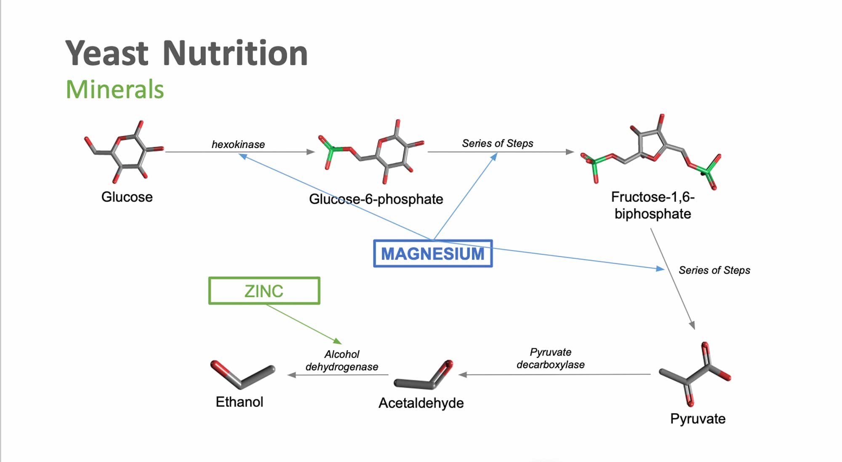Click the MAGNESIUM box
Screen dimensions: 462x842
(x=433, y=254)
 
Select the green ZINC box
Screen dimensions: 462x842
(x=264, y=291)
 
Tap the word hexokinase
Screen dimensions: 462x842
(x=238, y=144)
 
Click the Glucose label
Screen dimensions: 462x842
(x=127, y=197)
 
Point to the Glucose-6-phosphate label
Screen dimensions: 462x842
(x=376, y=199)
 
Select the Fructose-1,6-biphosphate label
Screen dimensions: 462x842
(x=653, y=205)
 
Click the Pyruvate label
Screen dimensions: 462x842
(x=698, y=419)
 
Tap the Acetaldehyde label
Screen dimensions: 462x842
(x=421, y=403)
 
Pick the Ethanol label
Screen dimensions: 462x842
(x=239, y=402)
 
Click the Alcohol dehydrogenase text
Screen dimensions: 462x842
(x=342, y=361)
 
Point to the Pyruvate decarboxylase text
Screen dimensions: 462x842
(x=551, y=358)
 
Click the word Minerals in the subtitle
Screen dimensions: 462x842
(x=115, y=90)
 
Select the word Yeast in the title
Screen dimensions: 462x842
(x=107, y=53)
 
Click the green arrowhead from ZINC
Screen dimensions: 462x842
(x=337, y=341)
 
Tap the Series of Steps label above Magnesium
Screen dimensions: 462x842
(x=498, y=143)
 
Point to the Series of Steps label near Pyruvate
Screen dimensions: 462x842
(x=714, y=270)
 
